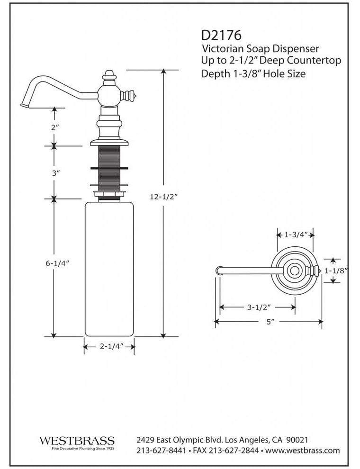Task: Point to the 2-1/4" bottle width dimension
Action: click(109, 347)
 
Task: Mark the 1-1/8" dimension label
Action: click(338, 271)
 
